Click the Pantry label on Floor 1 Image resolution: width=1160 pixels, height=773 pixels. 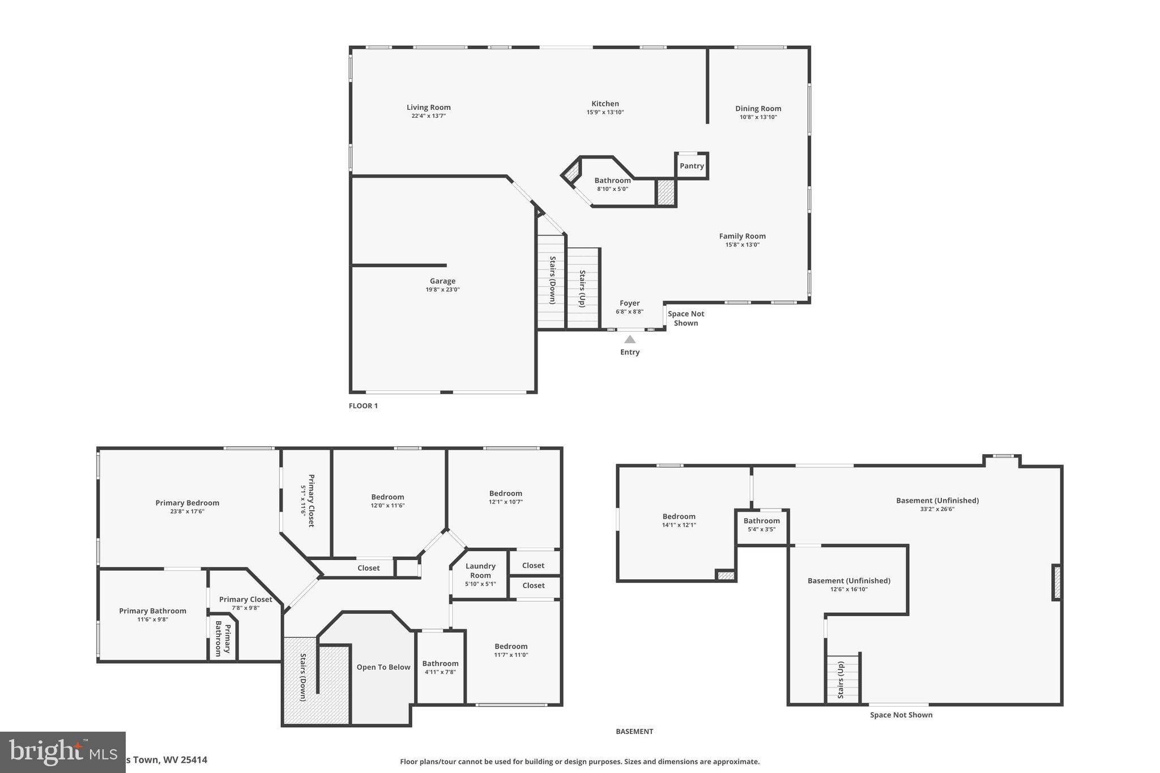click(x=692, y=166)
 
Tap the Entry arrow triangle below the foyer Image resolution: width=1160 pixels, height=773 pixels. click(x=630, y=339)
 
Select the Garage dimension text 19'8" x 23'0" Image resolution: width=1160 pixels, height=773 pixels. click(x=442, y=290)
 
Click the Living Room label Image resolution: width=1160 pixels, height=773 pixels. click(x=428, y=108)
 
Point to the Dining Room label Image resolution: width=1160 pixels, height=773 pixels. click(x=758, y=109)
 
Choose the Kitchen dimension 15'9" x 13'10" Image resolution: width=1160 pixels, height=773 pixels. click(x=605, y=112)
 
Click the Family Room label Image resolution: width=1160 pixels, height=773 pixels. click(x=742, y=236)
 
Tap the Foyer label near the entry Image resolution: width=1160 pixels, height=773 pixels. click(x=629, y=303)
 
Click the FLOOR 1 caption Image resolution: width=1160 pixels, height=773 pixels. click(x=363, y=405)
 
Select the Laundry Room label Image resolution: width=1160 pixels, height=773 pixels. click(x=480, y=570)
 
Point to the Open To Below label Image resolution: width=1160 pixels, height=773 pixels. click(x=383, y=667)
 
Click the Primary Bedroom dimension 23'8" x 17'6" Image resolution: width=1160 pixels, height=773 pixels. click(x=187, y=511)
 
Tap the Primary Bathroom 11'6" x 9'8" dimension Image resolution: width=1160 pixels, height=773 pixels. click(x=152, y=620)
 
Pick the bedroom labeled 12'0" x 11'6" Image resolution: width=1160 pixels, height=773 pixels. click(x=387, y=497)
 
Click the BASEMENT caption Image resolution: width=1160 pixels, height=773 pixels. click(x=634, y=731)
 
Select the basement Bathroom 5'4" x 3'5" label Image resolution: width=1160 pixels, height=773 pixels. click(x=761, y=521)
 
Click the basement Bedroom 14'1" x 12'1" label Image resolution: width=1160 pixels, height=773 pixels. click(x=679, y=516)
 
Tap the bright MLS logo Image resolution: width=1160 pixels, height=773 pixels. click(x=62, y=752)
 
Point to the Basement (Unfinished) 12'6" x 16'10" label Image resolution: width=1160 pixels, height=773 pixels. click(x=848, y=580)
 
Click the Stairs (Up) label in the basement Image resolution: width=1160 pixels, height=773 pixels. click(x=841, y=680)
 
